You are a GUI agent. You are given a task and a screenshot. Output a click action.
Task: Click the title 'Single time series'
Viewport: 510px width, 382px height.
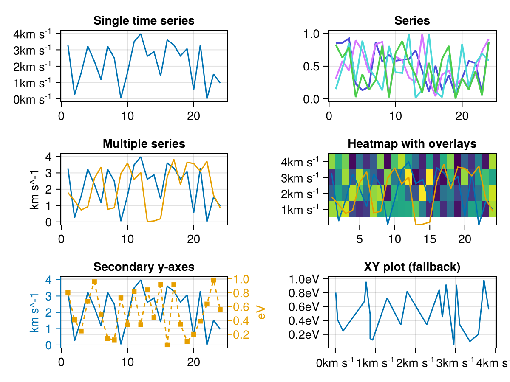point(144,20)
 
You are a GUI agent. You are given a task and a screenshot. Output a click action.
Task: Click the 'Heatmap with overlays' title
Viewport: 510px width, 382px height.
point(412,144)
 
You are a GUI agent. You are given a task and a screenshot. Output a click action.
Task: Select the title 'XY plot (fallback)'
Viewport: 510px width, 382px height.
point(412,267)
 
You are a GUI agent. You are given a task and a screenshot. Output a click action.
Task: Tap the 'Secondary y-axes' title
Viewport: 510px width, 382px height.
point(144,267)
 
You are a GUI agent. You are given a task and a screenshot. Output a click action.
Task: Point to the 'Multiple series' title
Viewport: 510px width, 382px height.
point(144,144)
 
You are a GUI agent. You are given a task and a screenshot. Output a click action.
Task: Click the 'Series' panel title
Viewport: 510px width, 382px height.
point(412,20)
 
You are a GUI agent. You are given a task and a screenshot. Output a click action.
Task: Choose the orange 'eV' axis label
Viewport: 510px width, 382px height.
point(261,312)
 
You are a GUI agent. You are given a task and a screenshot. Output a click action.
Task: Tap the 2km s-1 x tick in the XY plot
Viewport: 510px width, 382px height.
point(415,363)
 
